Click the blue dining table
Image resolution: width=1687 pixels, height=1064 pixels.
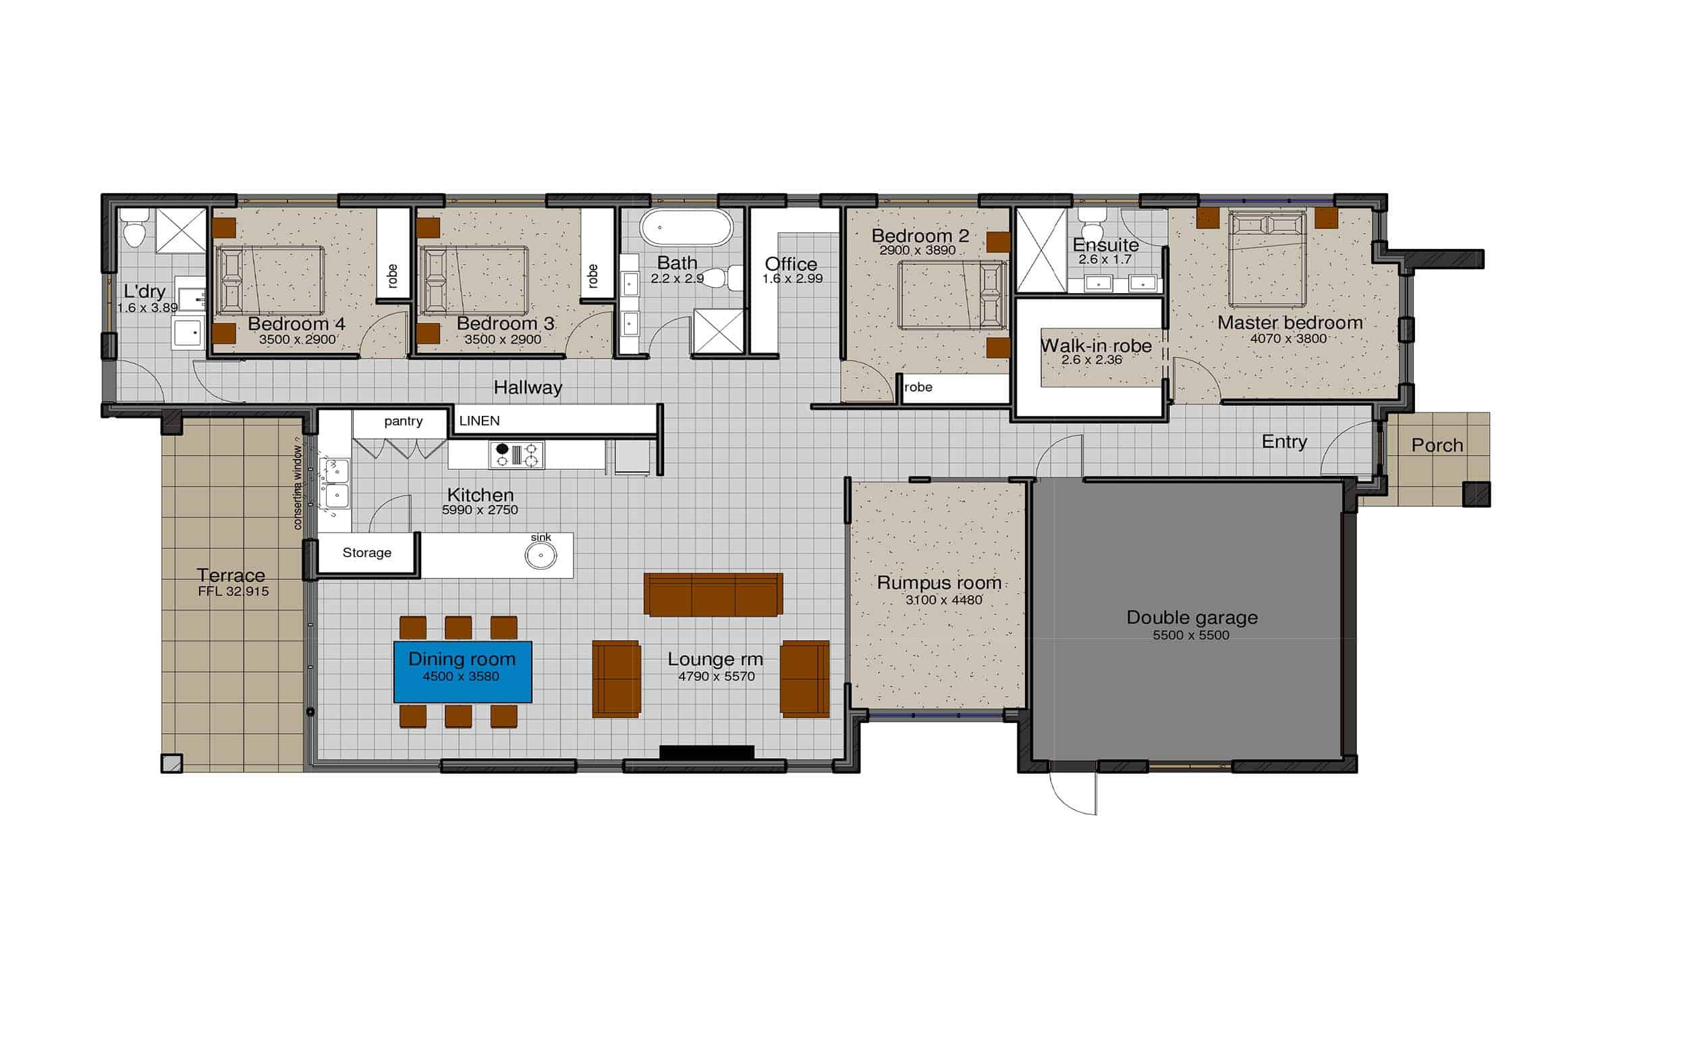point(462,672)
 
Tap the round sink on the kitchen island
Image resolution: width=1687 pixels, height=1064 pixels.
point(541,555)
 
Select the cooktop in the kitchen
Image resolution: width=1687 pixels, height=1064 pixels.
point(517,454)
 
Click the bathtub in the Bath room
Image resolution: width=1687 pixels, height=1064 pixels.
point(686,228)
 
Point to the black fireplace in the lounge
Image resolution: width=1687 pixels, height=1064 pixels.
point(707,752)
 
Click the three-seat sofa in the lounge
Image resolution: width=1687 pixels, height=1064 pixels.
point(713,595)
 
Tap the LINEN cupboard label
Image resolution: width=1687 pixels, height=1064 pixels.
point(479,421)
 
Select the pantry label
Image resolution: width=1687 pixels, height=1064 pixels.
point(404,421)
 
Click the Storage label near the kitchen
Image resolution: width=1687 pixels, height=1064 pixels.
point(367,552)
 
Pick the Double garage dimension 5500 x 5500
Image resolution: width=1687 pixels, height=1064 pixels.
point(1191,635)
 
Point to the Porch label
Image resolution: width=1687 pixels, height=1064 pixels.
point(1437,445)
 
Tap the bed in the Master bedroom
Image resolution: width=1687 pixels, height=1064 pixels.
point(1267,259)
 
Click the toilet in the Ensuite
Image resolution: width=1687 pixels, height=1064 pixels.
point(1090,223)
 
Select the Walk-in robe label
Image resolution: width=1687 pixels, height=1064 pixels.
point(1096,346)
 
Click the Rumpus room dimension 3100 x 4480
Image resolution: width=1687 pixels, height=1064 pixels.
point(943,600)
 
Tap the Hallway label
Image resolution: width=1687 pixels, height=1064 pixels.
point(528,387)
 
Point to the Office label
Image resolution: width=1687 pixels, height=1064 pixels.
point(791,263)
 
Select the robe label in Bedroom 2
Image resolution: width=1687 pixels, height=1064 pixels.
point(918,387)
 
